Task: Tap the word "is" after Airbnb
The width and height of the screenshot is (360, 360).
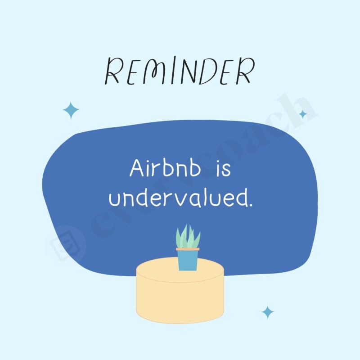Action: click(x=223, y=169)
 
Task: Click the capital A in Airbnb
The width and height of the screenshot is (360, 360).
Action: click(x=136, y=169)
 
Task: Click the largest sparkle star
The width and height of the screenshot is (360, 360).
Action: click(x=71, y=110)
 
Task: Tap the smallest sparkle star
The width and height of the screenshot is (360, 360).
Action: click(x=303, y=114)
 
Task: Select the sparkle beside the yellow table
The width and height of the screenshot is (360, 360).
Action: click(x=268, y=312)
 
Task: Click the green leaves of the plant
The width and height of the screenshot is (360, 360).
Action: click(x=188, y=237)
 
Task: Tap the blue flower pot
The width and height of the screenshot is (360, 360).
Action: click(x=188, y=260)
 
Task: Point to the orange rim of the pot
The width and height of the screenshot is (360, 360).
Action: click(x=188, y=249)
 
